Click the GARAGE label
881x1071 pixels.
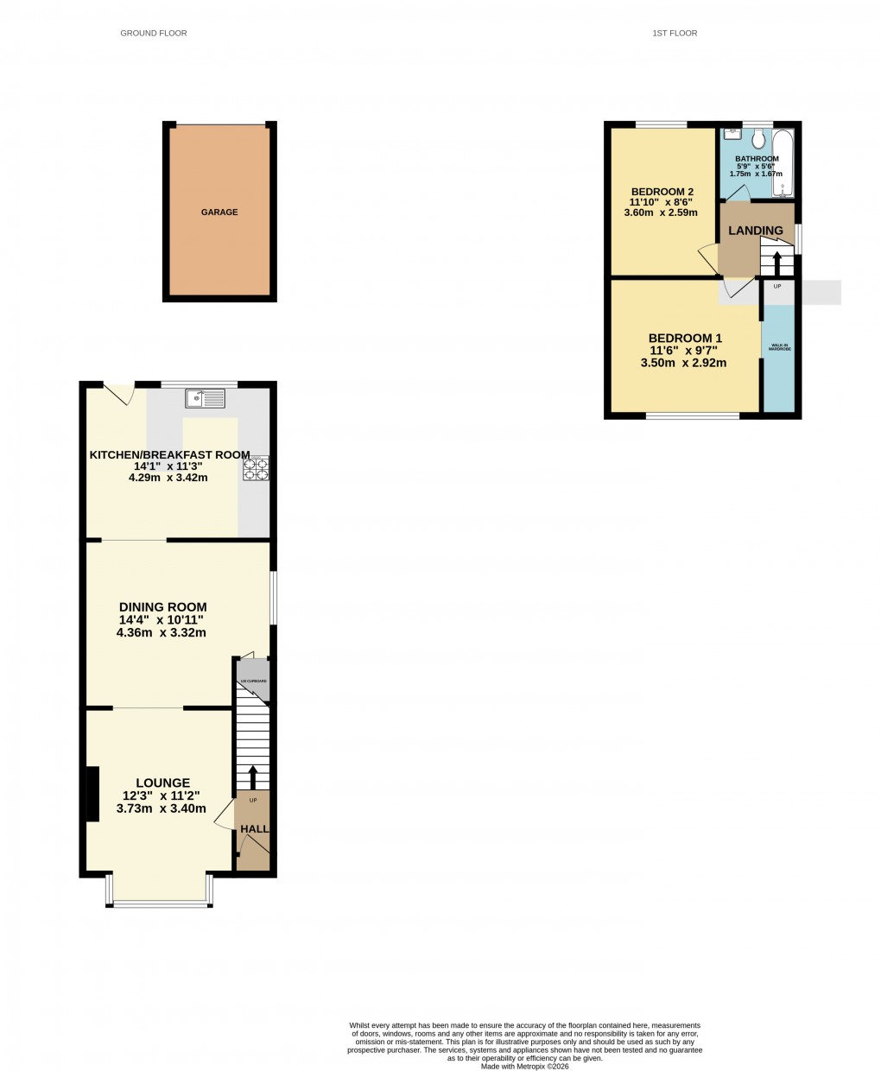[x=219, y=212]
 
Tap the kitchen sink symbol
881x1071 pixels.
[x=205, y=398]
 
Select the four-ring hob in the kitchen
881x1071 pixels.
[x=256, y=468]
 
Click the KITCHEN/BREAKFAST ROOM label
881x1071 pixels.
[x=170, y=455]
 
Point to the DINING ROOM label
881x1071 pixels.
[x=162, y=607]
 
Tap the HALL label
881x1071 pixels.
[x=254, y=829]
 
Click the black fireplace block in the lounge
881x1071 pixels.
[x=91, y=792]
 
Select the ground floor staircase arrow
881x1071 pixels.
[x=253, y=776]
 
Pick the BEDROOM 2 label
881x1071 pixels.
[x=662, y=192]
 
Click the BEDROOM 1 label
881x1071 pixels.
[x=685, y=339]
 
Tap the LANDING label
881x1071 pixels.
[x=756, y=231]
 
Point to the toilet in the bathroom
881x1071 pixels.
[x=758, y=140]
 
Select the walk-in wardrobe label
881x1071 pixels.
[x=780, y=348]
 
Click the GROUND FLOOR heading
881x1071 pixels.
[x=154, y=34]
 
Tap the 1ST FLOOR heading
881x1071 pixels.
[x=675, y=34]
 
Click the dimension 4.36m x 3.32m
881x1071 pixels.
[x=162, y=632]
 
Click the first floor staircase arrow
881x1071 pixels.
[x=777, y=261]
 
